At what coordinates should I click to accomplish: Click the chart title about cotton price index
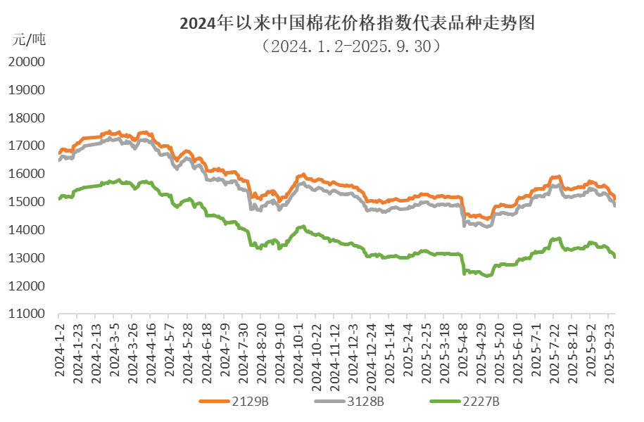click(358, 24)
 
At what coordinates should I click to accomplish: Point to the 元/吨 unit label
click(28, 39)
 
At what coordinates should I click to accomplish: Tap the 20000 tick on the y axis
click(28, 62)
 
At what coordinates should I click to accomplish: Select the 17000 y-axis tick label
click(28, 146)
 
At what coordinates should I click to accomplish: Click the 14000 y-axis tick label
click(28, 231)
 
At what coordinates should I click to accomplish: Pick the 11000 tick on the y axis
click(28, 314)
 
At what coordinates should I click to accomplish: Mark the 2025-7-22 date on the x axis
click(556, 349)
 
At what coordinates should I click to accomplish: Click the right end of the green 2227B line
click(616, 257)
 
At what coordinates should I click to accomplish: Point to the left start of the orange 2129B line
click(59, 151)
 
